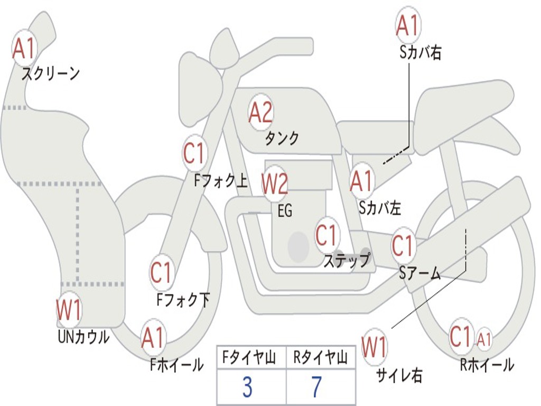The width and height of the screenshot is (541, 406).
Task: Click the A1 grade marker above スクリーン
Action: coord(24,49)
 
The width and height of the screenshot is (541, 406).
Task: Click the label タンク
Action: coord(282,139)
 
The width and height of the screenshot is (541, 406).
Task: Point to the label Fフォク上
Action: coord(220,182)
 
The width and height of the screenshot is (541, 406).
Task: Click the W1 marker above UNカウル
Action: coord(69,310)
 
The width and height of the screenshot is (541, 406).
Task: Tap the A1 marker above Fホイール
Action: coord(153,338)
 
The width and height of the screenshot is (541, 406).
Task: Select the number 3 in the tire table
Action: coord(247,387)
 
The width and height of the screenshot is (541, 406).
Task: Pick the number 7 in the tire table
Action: coord(316,387)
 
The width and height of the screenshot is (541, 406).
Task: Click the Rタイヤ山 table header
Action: coord(320,359)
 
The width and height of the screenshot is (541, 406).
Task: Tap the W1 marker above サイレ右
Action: coord(375,347)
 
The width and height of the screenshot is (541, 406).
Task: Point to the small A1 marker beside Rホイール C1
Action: coord(484,339)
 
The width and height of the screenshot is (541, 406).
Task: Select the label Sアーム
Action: coord(419,273)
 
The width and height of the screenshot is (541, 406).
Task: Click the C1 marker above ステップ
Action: coord(327,235)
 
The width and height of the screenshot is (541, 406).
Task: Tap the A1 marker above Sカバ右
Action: coord(407,25)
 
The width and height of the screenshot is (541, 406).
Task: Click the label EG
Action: coord(285,211)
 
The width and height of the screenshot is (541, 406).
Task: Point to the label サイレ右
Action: coord(399,375)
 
